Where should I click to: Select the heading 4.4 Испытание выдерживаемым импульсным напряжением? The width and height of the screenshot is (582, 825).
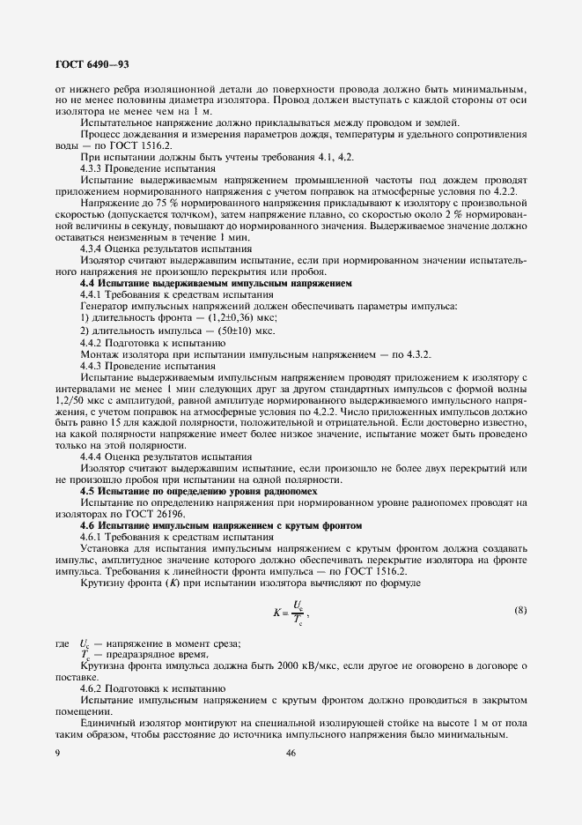point(216,284)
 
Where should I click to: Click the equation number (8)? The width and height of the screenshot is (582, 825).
point(519,610)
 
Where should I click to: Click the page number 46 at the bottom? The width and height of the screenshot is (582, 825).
point(291,752)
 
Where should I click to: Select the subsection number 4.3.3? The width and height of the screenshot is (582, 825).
point(92,167)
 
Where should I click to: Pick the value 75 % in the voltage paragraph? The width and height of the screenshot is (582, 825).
point(147,203)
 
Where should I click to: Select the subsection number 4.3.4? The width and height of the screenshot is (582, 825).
point(92,249)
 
